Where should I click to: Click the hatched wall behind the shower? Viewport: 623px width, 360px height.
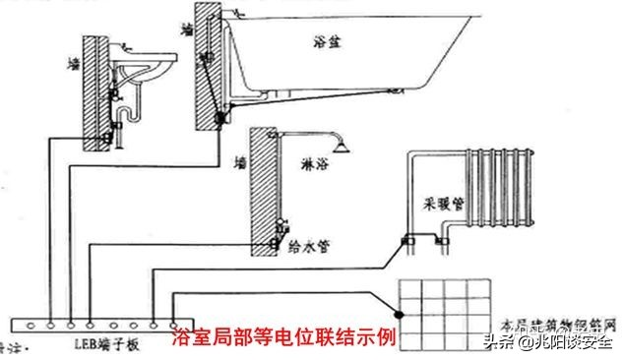262,197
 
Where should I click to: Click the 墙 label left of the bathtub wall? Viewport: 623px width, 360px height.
187,30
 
